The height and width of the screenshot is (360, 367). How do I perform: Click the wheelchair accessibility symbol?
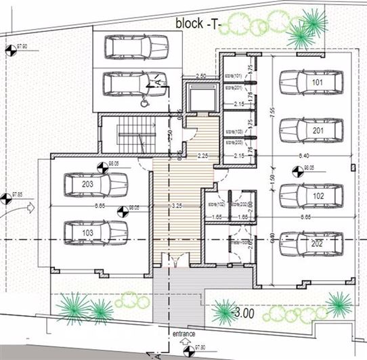click(x=144, y=103)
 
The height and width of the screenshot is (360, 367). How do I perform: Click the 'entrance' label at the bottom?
click(x=184, y=334)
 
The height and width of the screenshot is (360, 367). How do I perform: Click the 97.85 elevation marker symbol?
click(x=6, y=198)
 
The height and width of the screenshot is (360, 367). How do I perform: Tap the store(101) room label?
click(x=234, y=76)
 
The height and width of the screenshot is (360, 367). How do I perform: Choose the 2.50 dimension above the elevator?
click(x=200, y=76)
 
